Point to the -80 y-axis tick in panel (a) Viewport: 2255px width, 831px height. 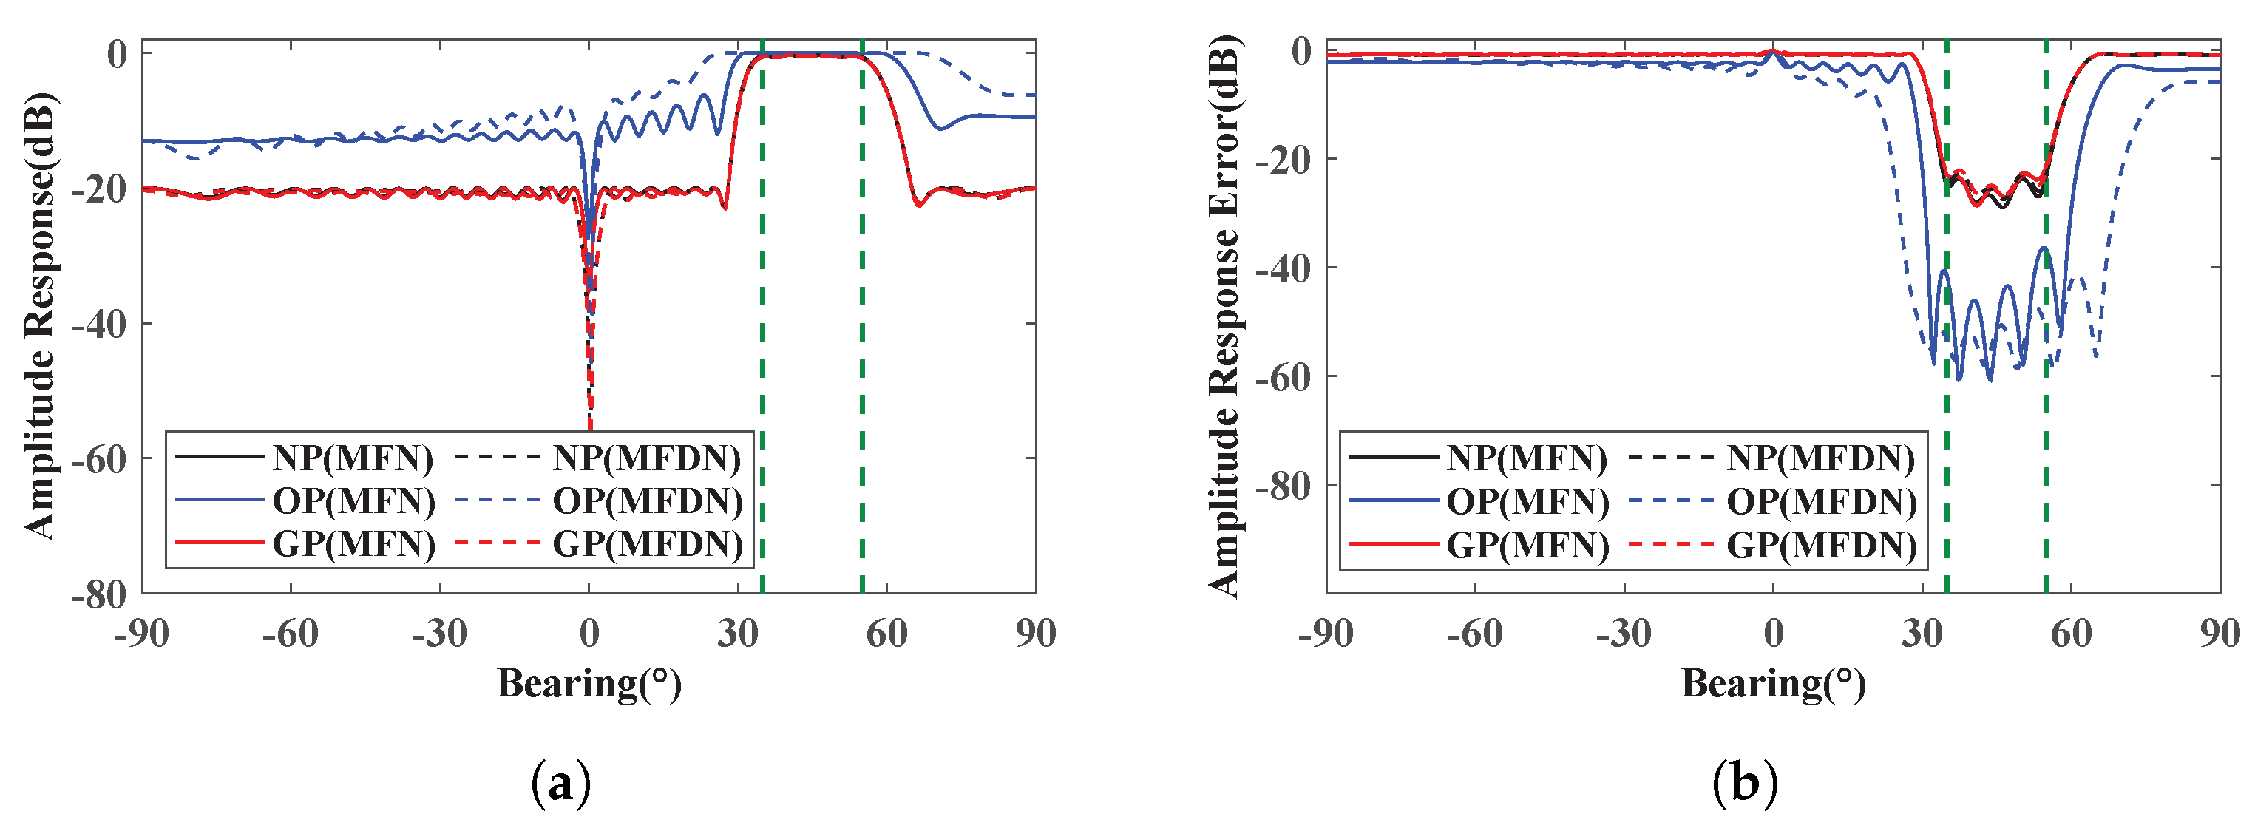click(x=99, y=594)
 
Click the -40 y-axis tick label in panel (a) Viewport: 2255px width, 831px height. click(x=99, y=324)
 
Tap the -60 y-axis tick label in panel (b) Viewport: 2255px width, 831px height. click(x=1284, y=377)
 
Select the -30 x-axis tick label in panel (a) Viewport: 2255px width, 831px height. click(x=439, y=633)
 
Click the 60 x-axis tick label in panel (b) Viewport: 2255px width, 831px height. click(x=2070, y=633)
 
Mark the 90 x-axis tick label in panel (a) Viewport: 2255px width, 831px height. click(x=1036, y=633)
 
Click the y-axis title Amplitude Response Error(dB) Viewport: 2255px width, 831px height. click(x=1224, y=315)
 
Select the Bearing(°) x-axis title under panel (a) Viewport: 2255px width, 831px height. click(x=589, y=683)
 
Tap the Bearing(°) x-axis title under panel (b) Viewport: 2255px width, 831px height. click(x=1773, y=683)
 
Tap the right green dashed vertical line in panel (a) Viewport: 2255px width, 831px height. click(x=862, y=350)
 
